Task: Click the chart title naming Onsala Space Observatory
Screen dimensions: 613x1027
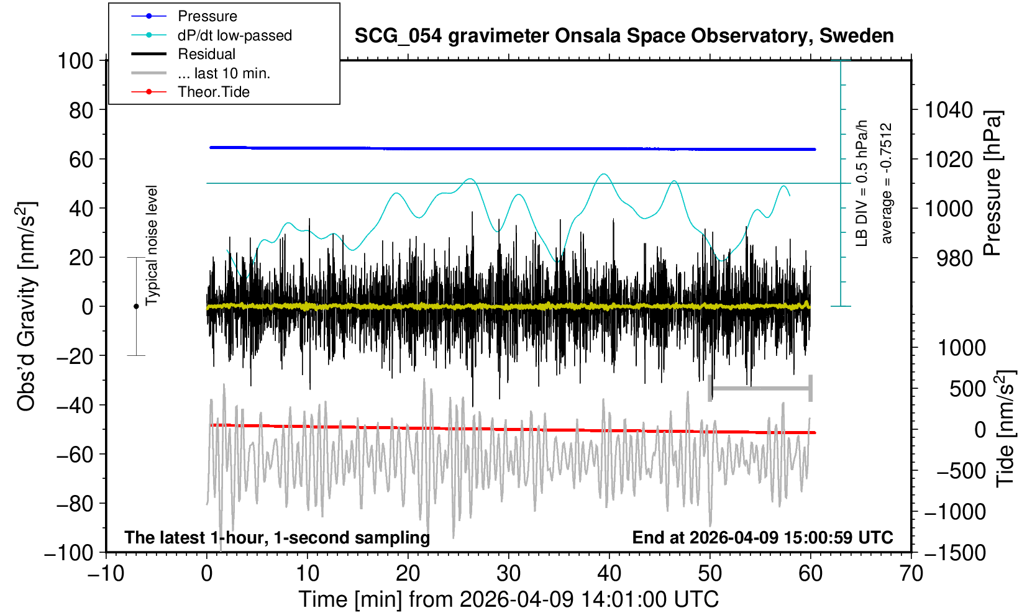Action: [624, 35]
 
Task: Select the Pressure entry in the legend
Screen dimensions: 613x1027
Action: [207, 16]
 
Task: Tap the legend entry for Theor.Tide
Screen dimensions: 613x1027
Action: [213, 92]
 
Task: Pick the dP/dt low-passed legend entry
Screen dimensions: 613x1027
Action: [234, 35]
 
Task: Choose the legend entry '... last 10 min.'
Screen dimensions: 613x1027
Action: [224, 73]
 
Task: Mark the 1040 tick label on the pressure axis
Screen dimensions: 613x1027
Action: [949, 111]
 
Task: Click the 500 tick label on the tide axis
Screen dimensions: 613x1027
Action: [967, 389]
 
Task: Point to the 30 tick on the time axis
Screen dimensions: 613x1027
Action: [509, 573]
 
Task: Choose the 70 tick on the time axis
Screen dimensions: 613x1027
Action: [911, 573]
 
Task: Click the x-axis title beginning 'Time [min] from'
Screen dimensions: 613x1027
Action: [508, 599]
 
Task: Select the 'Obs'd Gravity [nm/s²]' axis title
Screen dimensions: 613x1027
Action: [27, 306]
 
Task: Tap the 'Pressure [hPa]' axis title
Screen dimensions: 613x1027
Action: [993, 183]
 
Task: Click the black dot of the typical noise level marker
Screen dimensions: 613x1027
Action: [136, 306]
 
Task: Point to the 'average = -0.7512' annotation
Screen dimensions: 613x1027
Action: [887, 183]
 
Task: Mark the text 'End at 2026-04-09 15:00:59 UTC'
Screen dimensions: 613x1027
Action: [762, 537]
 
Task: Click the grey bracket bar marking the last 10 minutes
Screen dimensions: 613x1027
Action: [760, 389]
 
